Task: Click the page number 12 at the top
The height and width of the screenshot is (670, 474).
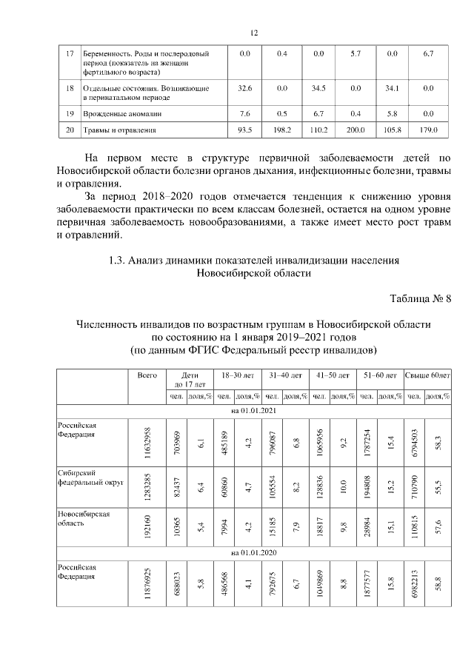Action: [253, 33]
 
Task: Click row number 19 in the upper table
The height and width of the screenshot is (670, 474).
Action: [70, 114]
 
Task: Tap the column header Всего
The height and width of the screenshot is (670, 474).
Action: [147, 375]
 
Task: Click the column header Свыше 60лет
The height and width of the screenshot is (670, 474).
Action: [427, 375]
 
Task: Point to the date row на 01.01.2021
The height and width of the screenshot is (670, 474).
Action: [254, 409]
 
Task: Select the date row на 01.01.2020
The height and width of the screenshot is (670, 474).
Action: [254, 552]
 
